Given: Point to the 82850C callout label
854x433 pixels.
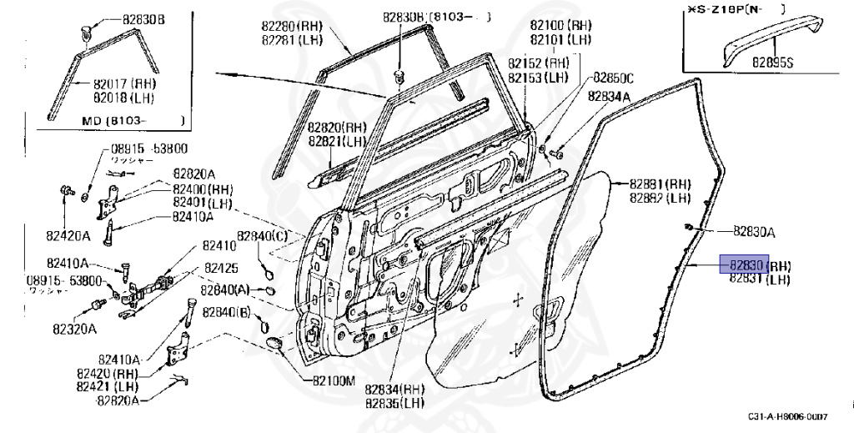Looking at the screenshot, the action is point(613,78).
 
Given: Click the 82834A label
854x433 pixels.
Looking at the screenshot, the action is point(609,97).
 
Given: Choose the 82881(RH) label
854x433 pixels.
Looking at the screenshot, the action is point(660,184).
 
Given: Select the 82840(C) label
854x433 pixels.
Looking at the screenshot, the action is point(262,236).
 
